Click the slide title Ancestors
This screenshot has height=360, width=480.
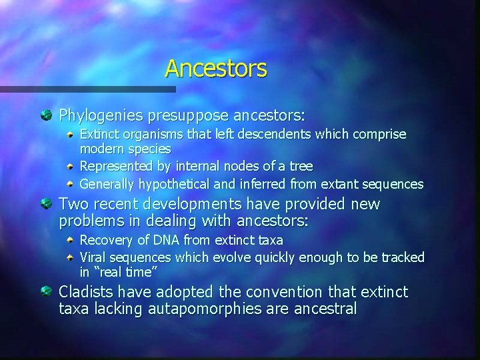point(215,68)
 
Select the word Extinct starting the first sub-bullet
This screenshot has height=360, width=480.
point(99,135)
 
